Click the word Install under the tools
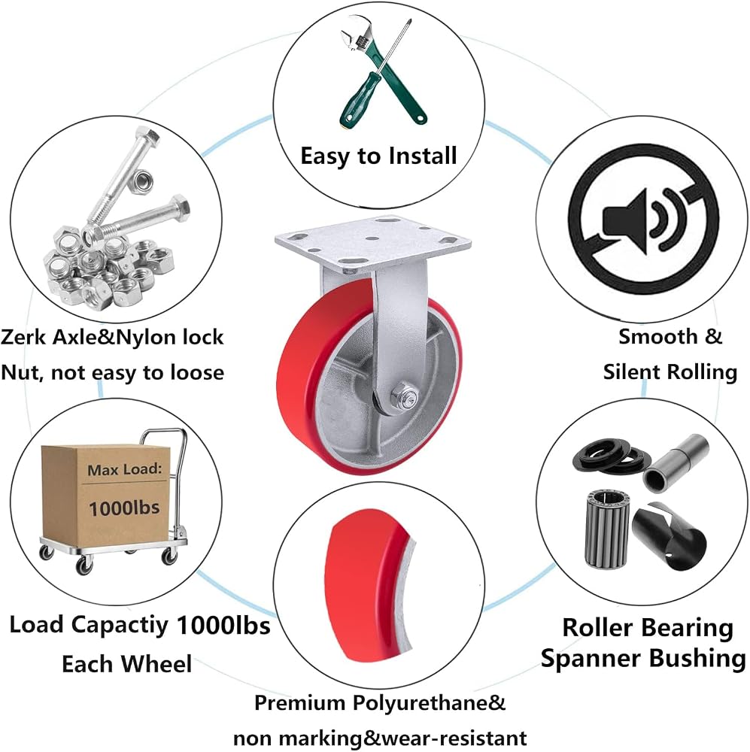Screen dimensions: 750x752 423,156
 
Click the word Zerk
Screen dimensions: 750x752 23,337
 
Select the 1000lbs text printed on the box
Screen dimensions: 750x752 124,508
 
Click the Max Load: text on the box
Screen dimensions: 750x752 125,469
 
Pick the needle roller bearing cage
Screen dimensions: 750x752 606,528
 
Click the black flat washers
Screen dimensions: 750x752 611,457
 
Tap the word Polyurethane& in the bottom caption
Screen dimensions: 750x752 429,703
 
